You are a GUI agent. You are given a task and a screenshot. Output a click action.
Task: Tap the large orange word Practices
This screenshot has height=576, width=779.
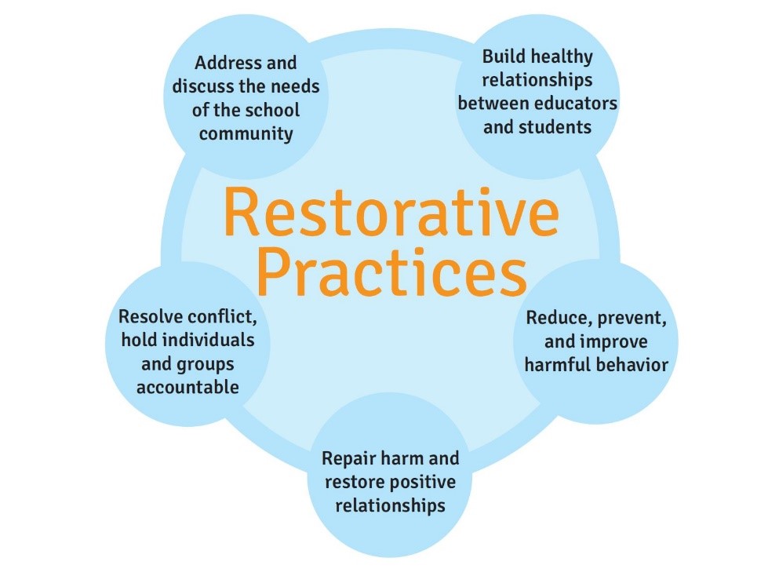pos(391,272)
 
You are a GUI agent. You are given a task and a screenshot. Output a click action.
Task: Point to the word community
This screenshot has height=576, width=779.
pos(246,133)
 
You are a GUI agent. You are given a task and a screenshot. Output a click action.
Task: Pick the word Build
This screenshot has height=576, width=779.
pos(503,57)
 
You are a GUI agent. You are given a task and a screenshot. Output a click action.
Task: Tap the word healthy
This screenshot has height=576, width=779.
pos(562,57)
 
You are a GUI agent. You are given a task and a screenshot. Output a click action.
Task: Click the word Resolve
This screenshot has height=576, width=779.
pos(149,318)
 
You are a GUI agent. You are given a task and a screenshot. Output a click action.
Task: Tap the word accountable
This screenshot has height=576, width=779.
pos(188,387)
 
